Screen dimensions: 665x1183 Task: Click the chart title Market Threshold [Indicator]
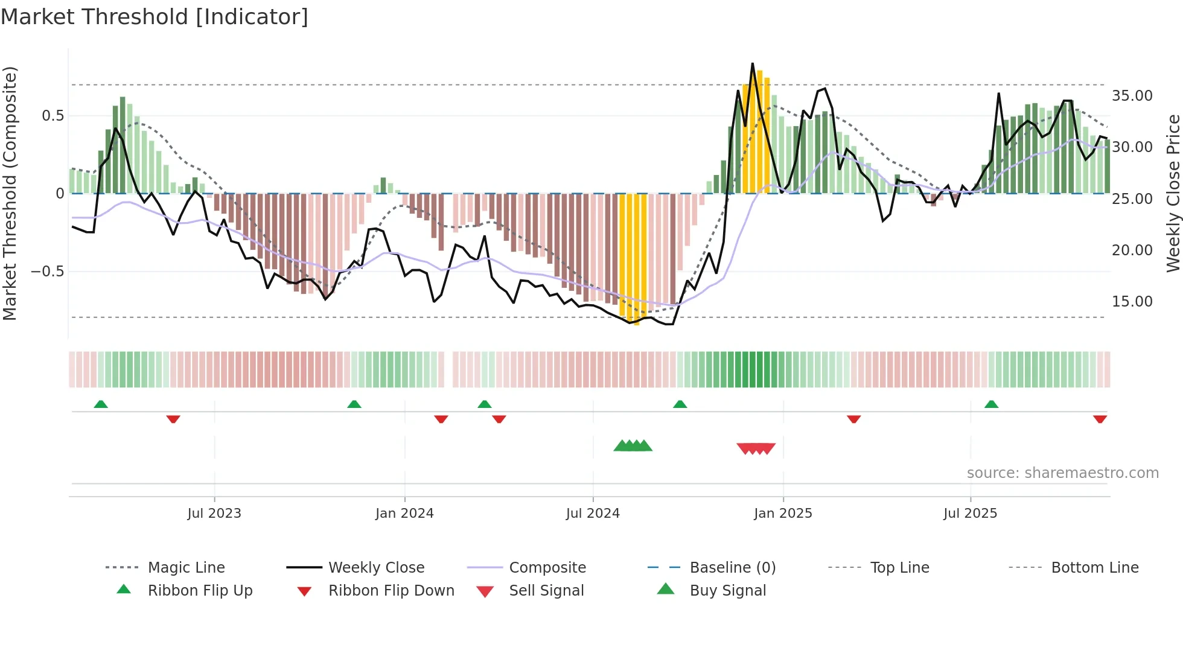[x=155, y=17]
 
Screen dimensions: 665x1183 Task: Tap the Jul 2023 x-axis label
[x=214, y=514]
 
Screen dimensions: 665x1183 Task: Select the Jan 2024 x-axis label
[x=404, y=514]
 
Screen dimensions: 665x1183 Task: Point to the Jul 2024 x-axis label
[x=593, y=514]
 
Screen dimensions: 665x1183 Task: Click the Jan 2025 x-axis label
[x=783, y=514]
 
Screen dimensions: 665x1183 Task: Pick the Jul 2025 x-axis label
[x=970, y=514]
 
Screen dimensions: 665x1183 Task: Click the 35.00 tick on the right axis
[x=1132, y=96]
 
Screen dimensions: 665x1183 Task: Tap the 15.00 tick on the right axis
[x=1132, y=302]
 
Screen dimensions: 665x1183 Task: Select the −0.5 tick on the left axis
[x=48, y=272]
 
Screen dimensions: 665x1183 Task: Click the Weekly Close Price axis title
[x=1173, y=193]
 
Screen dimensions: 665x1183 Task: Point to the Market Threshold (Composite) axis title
[x=10, y=193]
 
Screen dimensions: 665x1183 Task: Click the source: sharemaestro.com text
[x=1062, y=473]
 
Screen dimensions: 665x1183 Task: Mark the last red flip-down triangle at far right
[x=1100, y=419]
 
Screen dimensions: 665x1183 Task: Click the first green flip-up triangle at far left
[x=101, y=404]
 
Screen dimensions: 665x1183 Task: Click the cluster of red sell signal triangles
[x=756, y=448]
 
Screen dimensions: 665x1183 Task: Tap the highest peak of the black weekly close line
[x=752, y=64]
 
